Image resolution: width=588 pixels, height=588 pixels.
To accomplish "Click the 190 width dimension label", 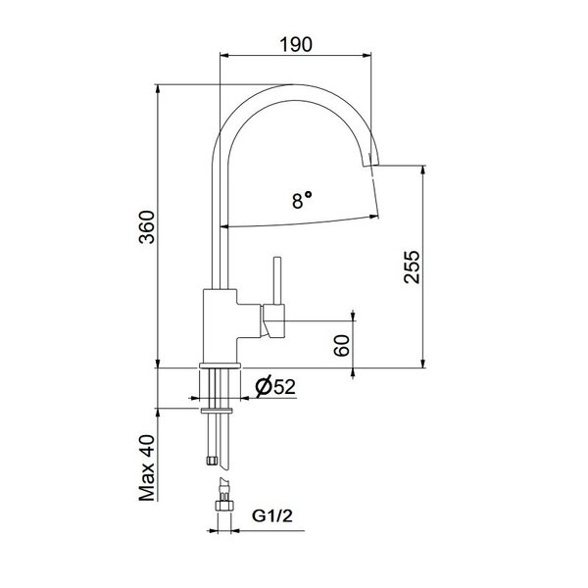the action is [296, 44].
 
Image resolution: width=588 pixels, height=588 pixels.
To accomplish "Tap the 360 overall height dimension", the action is [147, 227].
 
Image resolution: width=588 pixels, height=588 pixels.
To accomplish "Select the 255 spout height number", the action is [413, 267].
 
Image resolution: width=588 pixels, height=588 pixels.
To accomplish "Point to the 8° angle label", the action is [302, 200].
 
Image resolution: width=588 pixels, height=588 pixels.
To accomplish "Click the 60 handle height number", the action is [342, 345].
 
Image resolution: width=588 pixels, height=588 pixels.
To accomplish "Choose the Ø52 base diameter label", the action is [275, 387].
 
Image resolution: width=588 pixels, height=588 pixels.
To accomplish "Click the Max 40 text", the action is [147, 468].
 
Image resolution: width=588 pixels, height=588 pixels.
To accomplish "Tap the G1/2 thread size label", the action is [271, 516].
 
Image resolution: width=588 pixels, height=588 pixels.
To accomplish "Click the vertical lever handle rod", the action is [277, 280].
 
